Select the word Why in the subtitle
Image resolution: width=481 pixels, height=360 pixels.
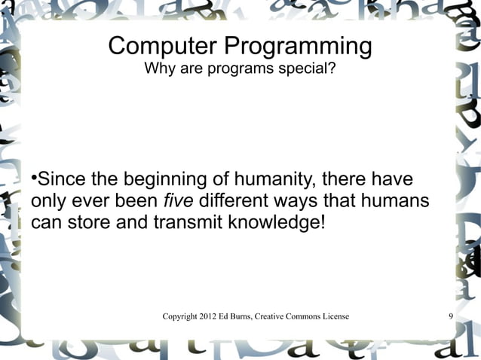(x=158, y=70)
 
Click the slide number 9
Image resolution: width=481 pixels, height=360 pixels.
(x=450, y=316)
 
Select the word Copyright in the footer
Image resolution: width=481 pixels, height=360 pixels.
(x=182, y=316)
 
